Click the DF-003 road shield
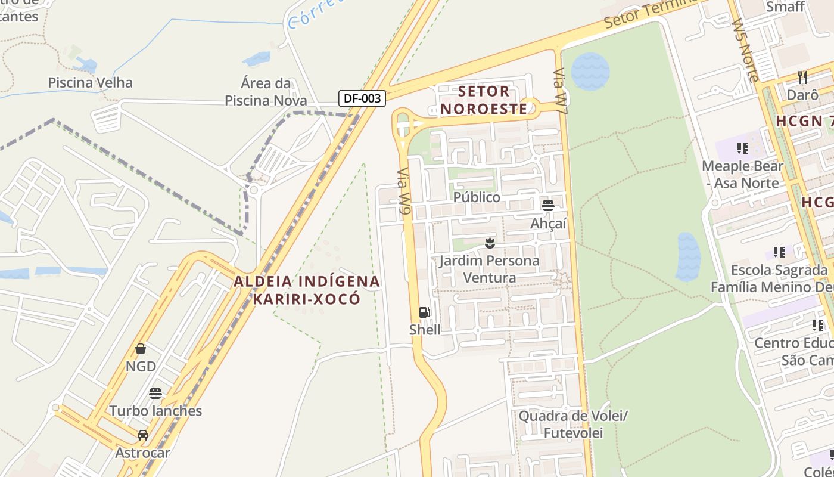click(362, 98)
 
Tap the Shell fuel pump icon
click(424, 312)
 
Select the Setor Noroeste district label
click(484, 100)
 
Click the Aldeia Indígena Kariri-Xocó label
click(307, 290)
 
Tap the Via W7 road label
click(561, 91)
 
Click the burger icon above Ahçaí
click(548, 206)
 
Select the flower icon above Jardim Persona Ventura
click(490, 243)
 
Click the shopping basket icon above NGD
click(141, 349)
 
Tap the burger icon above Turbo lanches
click(155, 394)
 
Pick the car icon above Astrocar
click(143, 435)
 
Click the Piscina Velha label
click(90, 82)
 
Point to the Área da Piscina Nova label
click(266, 91)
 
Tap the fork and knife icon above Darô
click(802, 78)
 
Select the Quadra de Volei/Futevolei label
click(573, 424)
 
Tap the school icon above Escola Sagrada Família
click(779, 252)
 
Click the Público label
click(477, 197)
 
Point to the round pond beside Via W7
click(590, 72)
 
